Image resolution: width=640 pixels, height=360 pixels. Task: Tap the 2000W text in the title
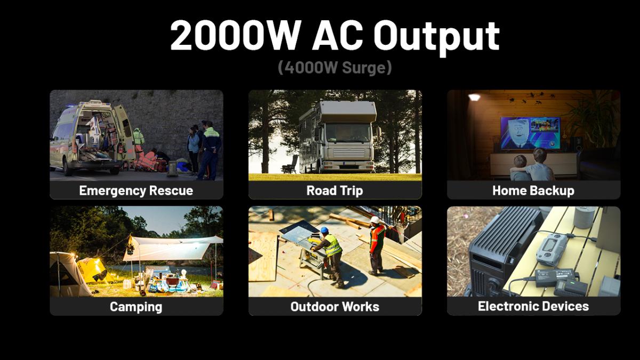235,35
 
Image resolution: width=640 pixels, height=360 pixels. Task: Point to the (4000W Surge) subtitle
334,68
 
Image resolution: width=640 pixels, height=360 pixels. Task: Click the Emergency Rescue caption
136,190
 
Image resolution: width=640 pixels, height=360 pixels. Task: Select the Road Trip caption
334,190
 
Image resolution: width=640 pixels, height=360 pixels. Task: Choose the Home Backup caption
533,190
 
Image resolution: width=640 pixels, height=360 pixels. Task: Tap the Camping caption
136,307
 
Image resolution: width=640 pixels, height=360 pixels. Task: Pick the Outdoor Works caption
334,307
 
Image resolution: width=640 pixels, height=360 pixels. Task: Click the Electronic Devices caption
533,306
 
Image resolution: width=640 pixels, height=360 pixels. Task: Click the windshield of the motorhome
347,133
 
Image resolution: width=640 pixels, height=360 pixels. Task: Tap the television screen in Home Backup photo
530,133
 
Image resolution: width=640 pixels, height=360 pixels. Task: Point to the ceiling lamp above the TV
474,98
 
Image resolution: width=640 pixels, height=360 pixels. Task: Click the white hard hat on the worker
375,220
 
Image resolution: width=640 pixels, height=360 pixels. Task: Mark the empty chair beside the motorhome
290,164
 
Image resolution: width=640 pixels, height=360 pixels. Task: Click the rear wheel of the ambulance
67,169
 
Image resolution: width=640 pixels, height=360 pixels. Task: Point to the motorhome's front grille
349,153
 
